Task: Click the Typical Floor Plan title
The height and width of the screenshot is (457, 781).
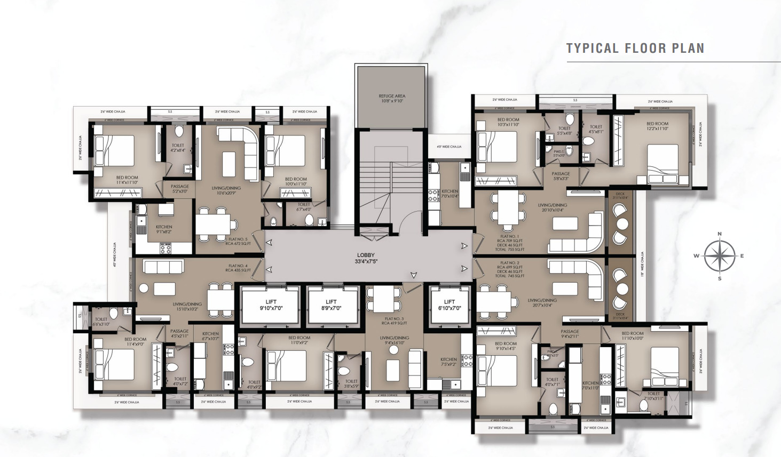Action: (635, 49)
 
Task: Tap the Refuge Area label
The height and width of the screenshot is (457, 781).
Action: (392, 98)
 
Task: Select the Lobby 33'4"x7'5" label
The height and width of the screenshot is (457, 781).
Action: (366, 258)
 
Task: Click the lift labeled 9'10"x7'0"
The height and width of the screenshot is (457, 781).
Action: (271, 305)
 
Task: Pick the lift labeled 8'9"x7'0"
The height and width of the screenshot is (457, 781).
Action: (331, 305)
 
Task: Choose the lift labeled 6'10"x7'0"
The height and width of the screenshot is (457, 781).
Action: (449, 305)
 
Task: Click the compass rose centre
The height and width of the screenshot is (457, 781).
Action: (719, 256)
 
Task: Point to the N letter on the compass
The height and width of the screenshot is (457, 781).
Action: (720, 234)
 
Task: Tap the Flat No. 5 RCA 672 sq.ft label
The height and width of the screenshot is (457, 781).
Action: (238, 241)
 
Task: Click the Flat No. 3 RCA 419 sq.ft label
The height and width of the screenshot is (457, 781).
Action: (395, 320)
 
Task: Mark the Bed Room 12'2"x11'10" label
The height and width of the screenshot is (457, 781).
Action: (657, 126)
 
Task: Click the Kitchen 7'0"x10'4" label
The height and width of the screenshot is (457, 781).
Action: (449, 194)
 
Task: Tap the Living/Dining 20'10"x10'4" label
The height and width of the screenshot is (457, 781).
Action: (553, 207)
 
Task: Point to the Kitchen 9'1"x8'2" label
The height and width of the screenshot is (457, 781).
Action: (164, 229)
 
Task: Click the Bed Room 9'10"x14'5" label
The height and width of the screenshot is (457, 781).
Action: (506, 346)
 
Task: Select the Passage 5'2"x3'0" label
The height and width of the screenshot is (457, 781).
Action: (180, 189)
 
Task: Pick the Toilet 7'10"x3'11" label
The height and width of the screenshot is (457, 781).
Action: (653, 396)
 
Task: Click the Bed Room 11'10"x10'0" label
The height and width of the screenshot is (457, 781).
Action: (633, 335)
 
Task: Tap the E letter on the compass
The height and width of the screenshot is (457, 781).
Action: (742, 256)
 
